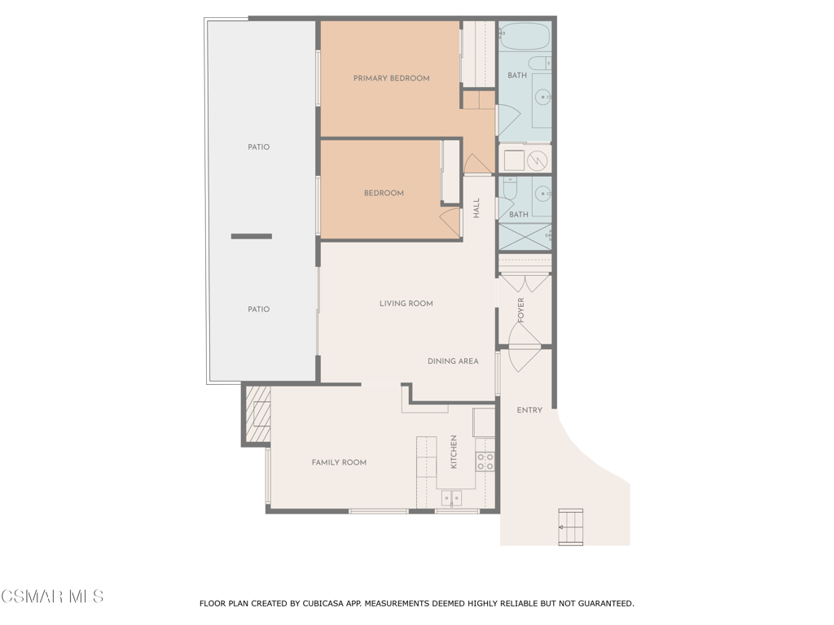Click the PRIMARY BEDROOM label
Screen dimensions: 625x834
point(391,78)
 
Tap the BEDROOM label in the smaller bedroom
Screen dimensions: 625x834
point(383,193)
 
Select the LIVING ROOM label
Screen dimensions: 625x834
point(406,304)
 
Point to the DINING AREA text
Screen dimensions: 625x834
point(453,361)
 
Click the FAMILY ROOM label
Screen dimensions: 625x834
point(339,462)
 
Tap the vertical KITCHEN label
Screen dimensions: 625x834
point(454,452)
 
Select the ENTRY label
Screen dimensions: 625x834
point(529,410)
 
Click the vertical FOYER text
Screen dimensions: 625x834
point(521,309)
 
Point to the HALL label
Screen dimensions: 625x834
point(476,208)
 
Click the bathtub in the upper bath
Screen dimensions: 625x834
point(525,37)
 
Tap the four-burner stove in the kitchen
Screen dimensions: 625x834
point(485,461)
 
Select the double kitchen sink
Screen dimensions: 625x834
point(451,497)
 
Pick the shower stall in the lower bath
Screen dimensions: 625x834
point(525,236)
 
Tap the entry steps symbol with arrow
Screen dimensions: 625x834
point(570,527)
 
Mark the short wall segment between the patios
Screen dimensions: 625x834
point(251,236)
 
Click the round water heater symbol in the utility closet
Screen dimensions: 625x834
point(538,159)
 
